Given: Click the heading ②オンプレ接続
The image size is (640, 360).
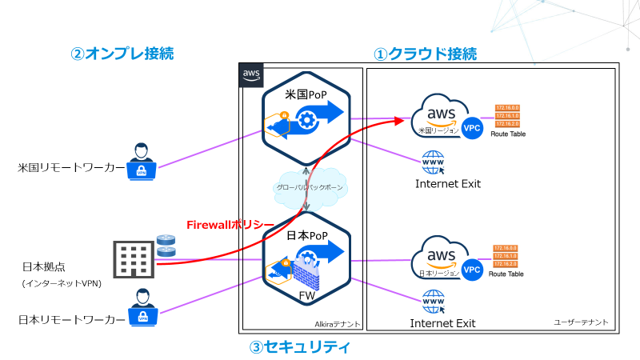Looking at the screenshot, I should [122, 54].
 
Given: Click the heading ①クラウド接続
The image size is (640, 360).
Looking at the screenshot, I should [426, 54].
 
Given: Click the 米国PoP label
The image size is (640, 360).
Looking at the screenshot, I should [306, 94].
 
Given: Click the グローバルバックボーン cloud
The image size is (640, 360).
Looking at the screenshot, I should [307, 186].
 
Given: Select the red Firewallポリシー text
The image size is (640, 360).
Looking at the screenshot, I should [230, 225].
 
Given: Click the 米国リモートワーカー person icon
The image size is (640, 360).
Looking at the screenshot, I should [142, 161].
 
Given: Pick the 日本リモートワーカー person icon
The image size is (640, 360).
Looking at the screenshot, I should [142, 307].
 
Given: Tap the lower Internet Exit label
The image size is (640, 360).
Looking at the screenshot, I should [442, 323].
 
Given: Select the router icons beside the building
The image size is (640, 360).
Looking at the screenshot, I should [166, 245].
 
